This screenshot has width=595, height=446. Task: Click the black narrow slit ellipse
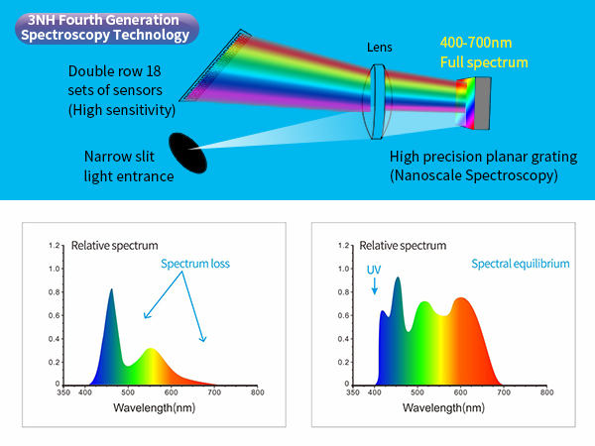[x=187, y=153]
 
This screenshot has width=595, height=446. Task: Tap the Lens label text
[x=380, y=48]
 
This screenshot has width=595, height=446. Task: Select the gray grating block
[x=482, y=103]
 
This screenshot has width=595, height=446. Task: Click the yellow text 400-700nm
[x=476, y=43]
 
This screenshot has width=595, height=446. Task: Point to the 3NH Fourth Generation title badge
[x=107, y=28]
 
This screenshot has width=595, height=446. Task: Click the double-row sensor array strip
[x=215, y=65]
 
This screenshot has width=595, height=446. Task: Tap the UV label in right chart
[x=374, y=270]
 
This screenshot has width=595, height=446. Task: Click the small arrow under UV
[x=375, y=286]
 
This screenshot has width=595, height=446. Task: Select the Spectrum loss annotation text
[x=195, y=264]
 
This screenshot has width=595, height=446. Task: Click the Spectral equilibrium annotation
[x=521, y=264]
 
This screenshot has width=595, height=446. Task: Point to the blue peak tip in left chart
[x=111, y=289]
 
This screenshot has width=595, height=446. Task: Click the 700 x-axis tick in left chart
[x=214, y=392]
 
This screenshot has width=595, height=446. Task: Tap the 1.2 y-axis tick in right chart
[x=343, y=246]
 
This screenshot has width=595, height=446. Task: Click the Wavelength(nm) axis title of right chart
[x=443, y=407]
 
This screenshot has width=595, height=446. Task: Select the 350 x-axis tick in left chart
[x=63, y=392]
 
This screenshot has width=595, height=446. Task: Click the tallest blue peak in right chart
[x=398, y=278]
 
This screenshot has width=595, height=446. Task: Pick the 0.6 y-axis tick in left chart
[x=54, y=315]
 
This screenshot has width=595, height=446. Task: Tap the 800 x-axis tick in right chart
[x=546, y=392]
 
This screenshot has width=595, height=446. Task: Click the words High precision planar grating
[x=484, y=157]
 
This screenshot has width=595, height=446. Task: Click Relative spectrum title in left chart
[x=115, y=246]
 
